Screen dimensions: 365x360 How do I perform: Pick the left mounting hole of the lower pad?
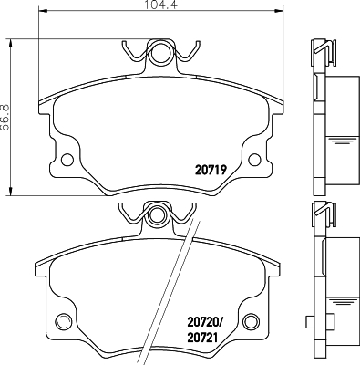coord(63,319)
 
